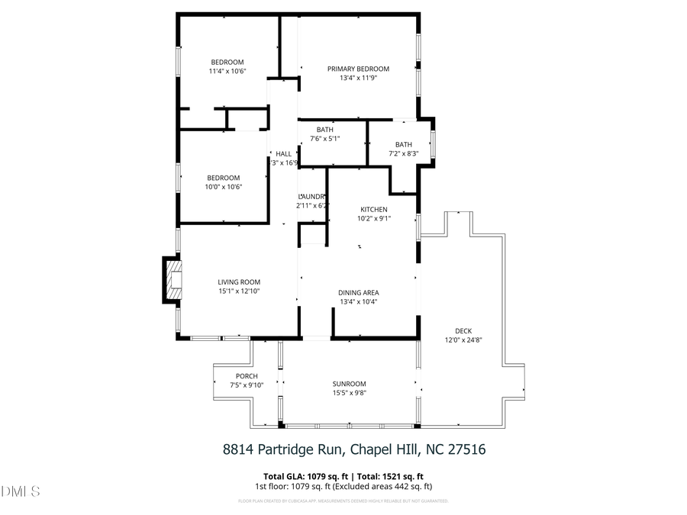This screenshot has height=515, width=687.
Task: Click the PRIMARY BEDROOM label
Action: tap(358, 69)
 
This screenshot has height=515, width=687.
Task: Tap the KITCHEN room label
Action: tap(374, 209)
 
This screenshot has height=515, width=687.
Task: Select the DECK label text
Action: tap(463, 330)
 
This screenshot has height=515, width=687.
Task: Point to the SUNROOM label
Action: tap(349, 384)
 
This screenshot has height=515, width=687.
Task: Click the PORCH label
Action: tap(246, 376)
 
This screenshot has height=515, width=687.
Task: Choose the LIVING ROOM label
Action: tap(239, 282)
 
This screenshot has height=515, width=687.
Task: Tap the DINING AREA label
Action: tap(358, 292)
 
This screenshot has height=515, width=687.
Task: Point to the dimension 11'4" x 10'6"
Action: tap(227, 71)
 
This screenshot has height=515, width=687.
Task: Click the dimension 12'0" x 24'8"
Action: tap(463, 340)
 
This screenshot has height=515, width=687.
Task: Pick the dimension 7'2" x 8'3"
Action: tap(403, 153)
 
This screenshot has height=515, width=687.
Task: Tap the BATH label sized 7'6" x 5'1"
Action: tap(325, 130)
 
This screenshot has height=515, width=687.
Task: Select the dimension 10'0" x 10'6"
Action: tap(224, 187)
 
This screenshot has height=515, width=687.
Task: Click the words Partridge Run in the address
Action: tap(298, 449)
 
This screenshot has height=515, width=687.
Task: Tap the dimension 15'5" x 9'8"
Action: tap(349, 393)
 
